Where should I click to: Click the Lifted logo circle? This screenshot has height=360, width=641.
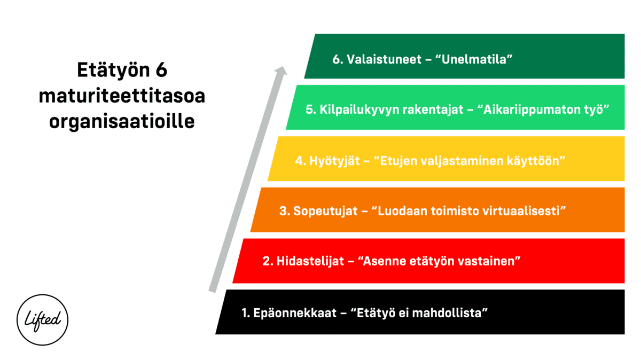tap(17, 320)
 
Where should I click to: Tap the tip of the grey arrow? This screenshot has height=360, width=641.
tap(283, 66)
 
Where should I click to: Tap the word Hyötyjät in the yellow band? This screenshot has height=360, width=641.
tap(334, 161)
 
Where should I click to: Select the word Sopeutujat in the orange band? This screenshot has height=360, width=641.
tap(325, 211)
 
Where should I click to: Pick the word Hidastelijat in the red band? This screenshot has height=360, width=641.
tap(310, 261)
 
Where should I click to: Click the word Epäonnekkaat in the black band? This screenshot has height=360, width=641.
tap(295, 313)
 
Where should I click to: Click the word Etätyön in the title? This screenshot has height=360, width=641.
tap(113, 71)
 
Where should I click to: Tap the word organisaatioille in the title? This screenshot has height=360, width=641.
tap(122, 121)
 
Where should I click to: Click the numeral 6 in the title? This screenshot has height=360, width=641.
tap(161, 70)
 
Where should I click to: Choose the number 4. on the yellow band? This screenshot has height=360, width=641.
tap(301, 161)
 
